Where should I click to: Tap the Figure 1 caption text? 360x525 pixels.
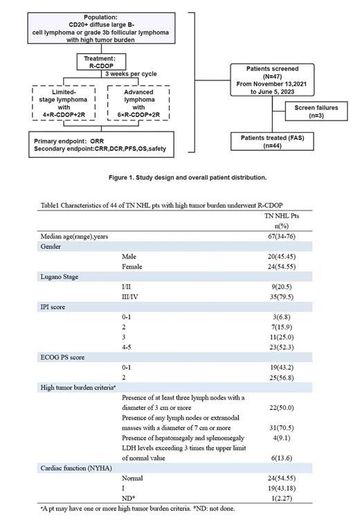point(187,177)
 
